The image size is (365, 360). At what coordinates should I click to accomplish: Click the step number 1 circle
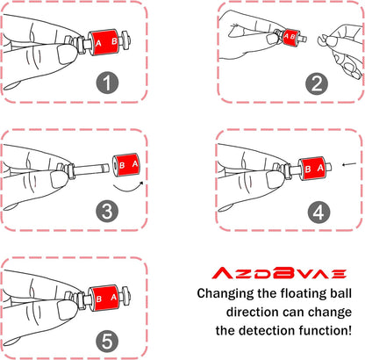tap(107, 83)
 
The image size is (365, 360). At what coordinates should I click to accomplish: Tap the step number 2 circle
tap(317, 83)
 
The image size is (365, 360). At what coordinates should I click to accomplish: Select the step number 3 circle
tap(107, 212)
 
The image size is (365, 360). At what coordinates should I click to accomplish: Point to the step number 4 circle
tap(318, 212)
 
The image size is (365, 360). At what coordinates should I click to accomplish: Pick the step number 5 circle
tap(107, 341)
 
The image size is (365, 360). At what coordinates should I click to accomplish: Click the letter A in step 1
tap(98, 43)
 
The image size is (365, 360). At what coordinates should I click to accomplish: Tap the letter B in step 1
tap(114, 41)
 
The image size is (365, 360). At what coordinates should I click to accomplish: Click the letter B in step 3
tap(122, 165)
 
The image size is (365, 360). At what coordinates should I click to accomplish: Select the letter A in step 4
tap(320, 168)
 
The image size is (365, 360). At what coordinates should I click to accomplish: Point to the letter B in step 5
tap(99, 299)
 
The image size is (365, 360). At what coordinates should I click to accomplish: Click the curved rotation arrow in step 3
tap(128, 189)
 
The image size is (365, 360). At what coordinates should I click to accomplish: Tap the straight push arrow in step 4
tap(349, 164)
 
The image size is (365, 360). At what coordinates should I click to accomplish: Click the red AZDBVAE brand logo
tap(279, 272)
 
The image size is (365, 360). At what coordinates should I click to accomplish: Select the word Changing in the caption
tap(225, 293)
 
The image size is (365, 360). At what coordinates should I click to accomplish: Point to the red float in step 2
tap(290, 36)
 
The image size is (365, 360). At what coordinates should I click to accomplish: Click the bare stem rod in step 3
tap(91, 169)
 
